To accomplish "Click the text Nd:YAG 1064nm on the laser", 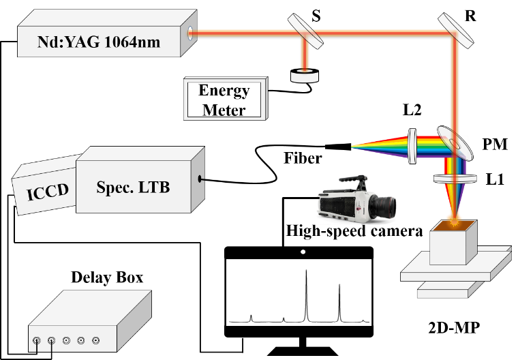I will (x=99, y=42).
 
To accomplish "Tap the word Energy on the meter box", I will (x=224, y=91).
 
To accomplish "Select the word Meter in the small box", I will (x=224, y=108).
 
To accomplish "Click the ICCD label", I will (x=48, y=190).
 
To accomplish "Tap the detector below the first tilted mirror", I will (x=304, y=76).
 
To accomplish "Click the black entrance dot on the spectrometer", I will (x=199, y=179).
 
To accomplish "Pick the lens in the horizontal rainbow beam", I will (x=412, y=146).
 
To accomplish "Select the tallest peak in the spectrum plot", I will (x=306, y=273).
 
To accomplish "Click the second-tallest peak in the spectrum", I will (x=339, y=286).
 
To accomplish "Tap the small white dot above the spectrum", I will (x=303, y=252).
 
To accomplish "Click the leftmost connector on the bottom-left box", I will (x=37, y=340).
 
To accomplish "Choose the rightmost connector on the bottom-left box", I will (x=95, y=340).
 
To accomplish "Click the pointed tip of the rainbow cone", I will (x=353, y=145).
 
